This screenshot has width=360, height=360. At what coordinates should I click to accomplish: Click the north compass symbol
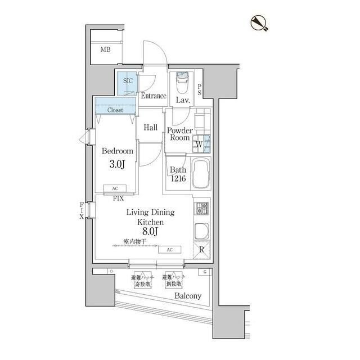[x=259, y=23]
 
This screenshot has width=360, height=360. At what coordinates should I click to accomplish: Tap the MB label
[x=106, y=50]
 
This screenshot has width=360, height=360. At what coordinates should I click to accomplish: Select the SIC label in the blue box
[x=128, y=81]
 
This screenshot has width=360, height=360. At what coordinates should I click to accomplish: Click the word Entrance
[x=153, y=96]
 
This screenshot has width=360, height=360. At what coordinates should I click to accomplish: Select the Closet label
[x=115, y=110]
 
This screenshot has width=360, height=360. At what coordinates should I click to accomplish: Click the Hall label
[x=150, y=128]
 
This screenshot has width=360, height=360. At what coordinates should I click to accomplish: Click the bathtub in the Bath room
[x=201, y=175]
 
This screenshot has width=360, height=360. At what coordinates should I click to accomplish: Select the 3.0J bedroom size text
[x=117, y=165]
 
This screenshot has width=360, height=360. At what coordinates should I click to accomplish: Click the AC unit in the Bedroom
[x=115, y=189]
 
